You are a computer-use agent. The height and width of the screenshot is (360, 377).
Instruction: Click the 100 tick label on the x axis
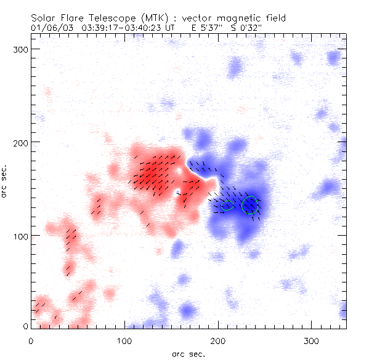pos(124,340)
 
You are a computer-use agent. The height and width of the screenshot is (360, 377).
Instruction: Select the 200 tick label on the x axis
pos(218,340)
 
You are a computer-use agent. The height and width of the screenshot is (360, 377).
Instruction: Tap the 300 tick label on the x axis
pos(312,340)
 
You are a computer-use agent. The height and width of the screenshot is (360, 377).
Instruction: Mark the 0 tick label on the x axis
pos(31,340)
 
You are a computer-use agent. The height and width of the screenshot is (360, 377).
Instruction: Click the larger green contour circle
pos(249,205)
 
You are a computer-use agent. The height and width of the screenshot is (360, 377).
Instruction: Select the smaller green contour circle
pos(227,205)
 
